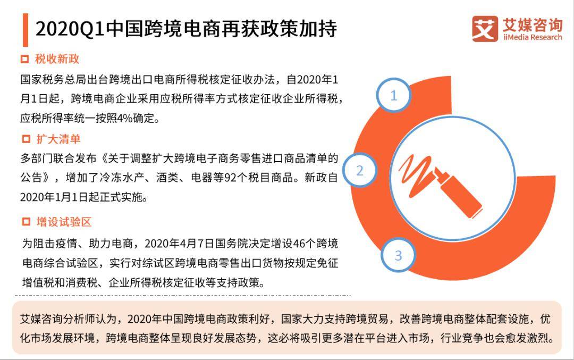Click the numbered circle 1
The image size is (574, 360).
click(x=393, y=95)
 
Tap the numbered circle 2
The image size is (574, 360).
click(x=360, y=170)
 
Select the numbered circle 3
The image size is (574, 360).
click(x=398, y=255)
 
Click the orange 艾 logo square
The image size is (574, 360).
click(x=485, y=29)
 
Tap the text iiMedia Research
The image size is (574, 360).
click(x=533, y=37)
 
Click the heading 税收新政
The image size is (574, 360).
click(x=57, y=59)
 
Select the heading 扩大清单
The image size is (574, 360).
click(x=58, y=139)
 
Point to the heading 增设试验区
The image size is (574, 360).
click(x=64, y=222)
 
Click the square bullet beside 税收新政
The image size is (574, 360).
click(x=25, y=60)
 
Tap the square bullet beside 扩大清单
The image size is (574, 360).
click(x=26, y=139)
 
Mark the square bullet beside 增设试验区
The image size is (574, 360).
click(x=26, y=222)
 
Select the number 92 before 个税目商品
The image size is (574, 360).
click(x=230, y=178)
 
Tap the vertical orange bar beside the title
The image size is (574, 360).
click(x=26, y=30)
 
